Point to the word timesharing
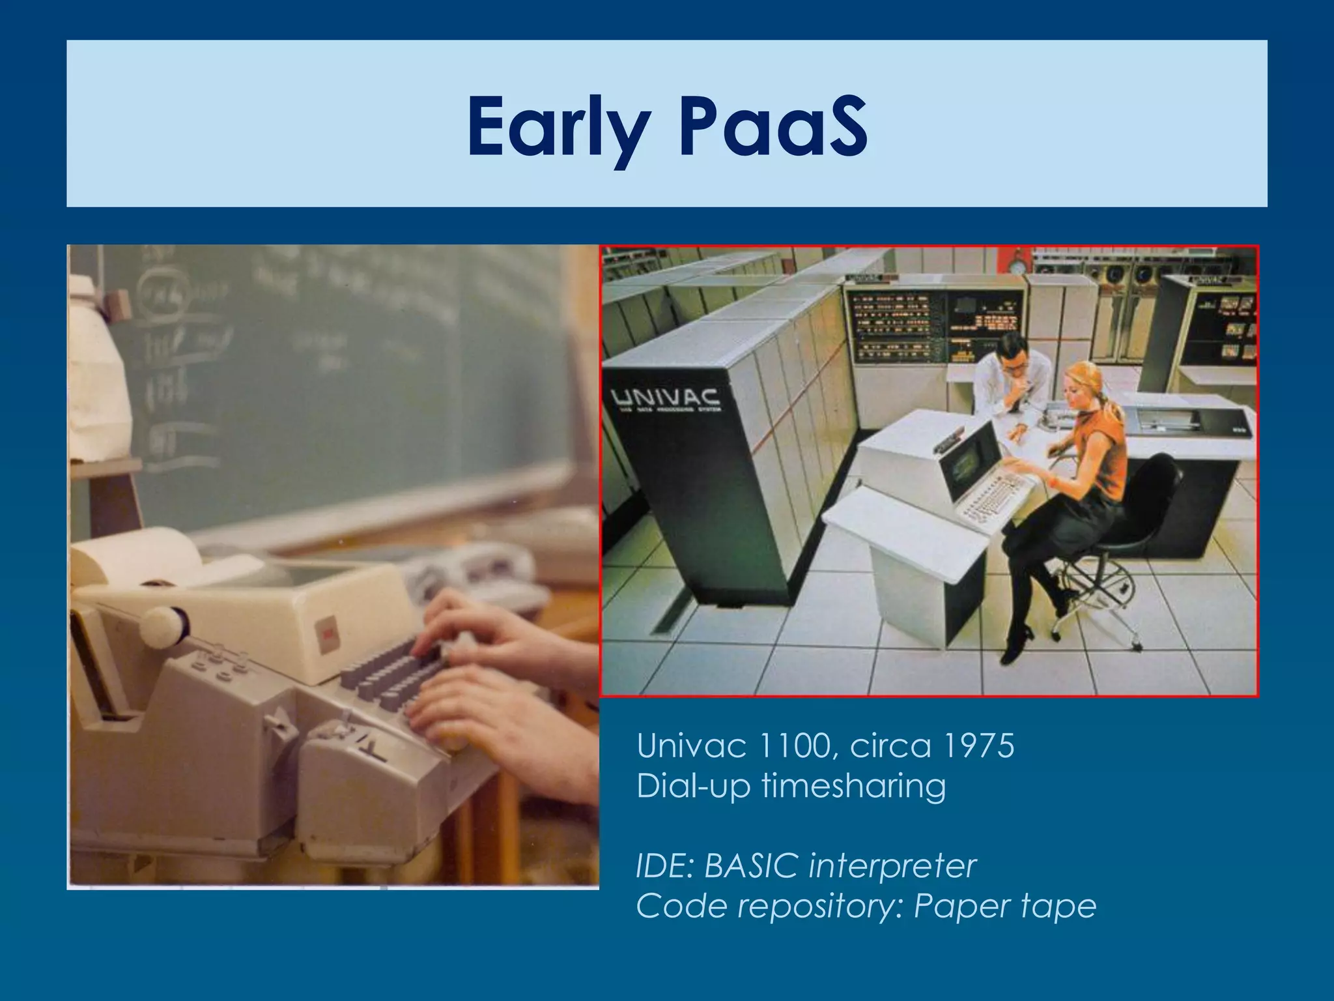coord(853,786)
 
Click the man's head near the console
coord(1013,355)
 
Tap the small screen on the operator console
coord(965,466)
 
